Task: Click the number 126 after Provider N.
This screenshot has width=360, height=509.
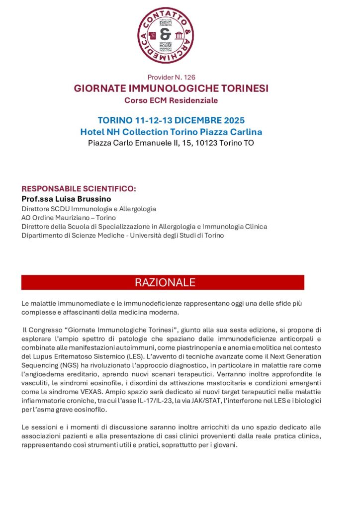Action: [x=189, y=77]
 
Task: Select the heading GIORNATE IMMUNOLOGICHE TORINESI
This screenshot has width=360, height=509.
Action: [x=172, y=88]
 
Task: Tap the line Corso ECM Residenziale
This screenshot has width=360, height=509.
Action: [x=172, y=100]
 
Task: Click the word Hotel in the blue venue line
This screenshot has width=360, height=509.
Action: [x=92, y=132]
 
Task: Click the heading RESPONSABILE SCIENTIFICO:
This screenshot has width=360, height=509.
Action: [x=79, y=189]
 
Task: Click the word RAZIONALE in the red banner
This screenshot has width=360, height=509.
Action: [x=165, y=283]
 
